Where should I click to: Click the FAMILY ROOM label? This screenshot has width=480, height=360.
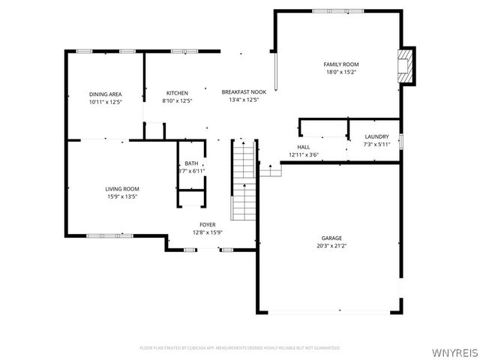[340, 64]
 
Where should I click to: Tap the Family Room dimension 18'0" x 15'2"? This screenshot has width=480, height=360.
[340, 73]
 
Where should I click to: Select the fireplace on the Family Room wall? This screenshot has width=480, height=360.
[406, 65]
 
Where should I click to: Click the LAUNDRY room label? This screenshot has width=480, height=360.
[376, 136]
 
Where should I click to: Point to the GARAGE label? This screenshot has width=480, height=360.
[331, 237]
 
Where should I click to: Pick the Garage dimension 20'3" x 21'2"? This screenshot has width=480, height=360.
[331, 245]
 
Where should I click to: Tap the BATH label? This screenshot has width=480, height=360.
[191, 163]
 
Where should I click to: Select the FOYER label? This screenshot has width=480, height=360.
[208, 224]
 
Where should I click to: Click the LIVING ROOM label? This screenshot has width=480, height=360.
[121, 189]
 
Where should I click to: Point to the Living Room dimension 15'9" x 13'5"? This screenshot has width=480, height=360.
[121, 196]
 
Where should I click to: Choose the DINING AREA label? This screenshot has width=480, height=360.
[105, 94]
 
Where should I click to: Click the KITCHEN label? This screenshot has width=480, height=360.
[177, 93]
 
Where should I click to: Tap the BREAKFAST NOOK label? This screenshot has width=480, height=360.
[240, 91]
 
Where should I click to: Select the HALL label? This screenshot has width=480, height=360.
[304, 147]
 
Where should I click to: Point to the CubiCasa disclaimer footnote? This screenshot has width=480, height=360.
[240, 348]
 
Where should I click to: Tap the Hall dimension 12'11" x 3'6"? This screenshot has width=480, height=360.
[304, 154]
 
